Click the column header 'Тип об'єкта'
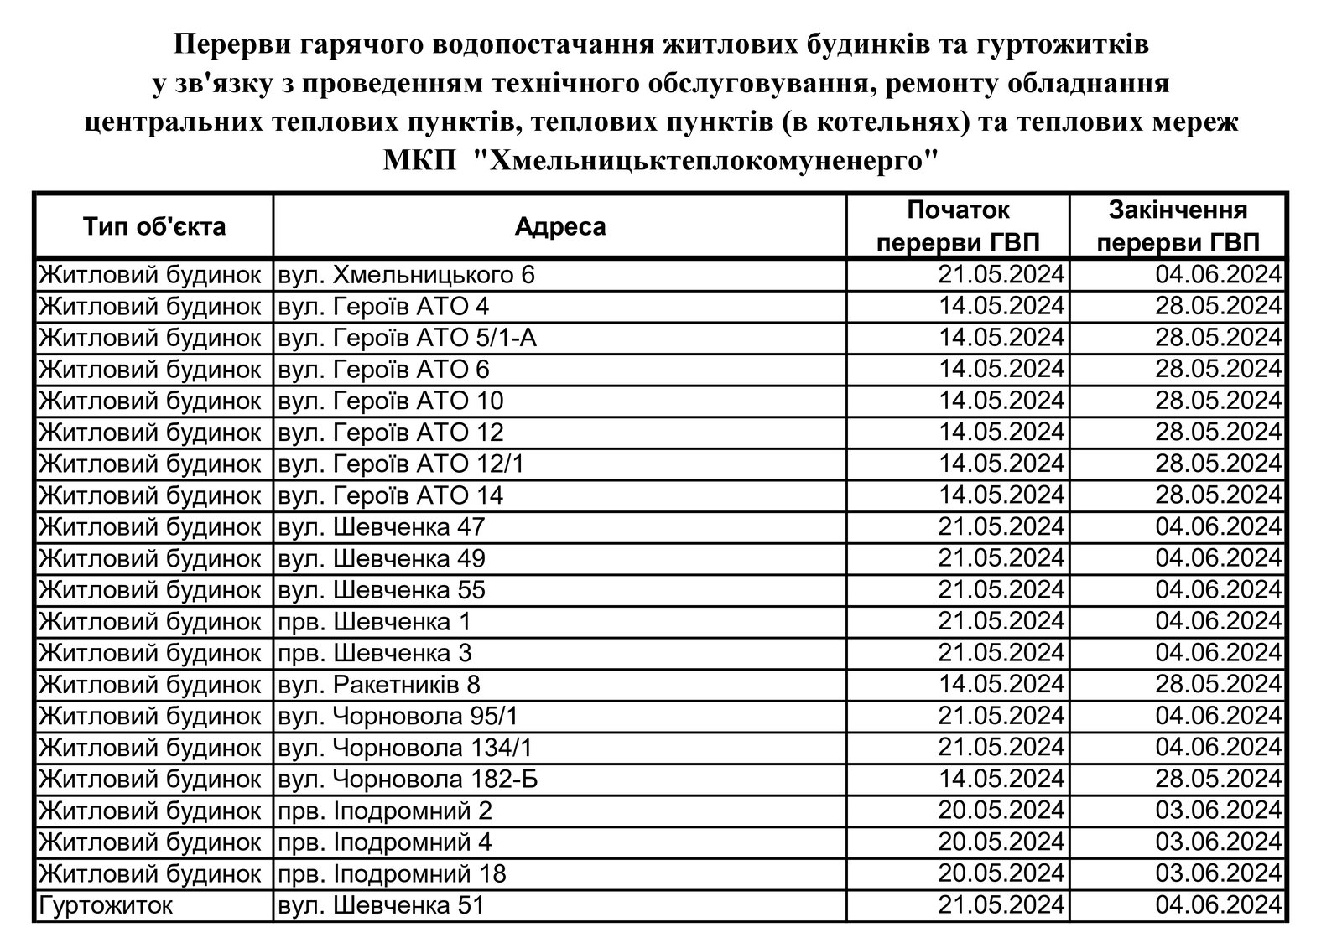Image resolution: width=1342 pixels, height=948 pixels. pos(153,226)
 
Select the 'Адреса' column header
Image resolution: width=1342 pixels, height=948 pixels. pos(559,226)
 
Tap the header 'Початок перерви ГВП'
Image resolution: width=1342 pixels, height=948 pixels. pos(958,226)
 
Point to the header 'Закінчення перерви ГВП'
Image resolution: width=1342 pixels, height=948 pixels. pos(1178,226)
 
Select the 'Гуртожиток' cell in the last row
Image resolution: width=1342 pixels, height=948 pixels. pos(106,905)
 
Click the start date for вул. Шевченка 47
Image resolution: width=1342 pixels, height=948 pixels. pos(1001,527)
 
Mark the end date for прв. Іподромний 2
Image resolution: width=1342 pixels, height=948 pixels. pos(1218,811)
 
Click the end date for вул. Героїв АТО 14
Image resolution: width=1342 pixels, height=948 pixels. pos(1218,495)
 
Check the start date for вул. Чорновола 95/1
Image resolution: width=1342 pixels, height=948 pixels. pos(1001,716)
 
